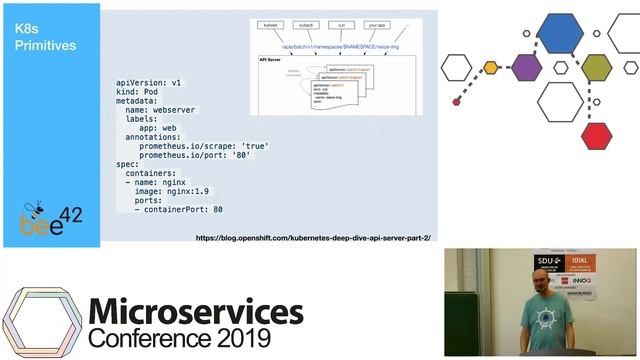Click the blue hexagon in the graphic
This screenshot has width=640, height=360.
coord(560,36)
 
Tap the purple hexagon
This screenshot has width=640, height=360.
coord(526,67)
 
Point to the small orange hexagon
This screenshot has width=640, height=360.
coord(491,68)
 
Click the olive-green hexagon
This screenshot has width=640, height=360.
coord(597,68)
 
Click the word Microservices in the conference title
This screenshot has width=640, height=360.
coord(196,313)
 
